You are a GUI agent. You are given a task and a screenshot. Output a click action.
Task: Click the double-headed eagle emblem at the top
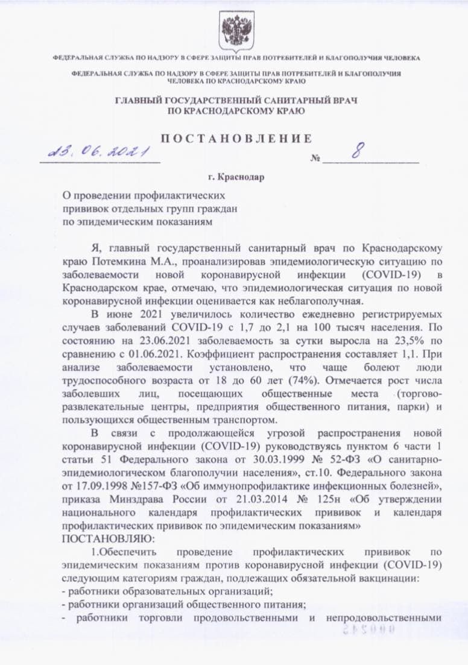233,29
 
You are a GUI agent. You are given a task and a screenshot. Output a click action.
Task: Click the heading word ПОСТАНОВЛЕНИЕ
236,138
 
